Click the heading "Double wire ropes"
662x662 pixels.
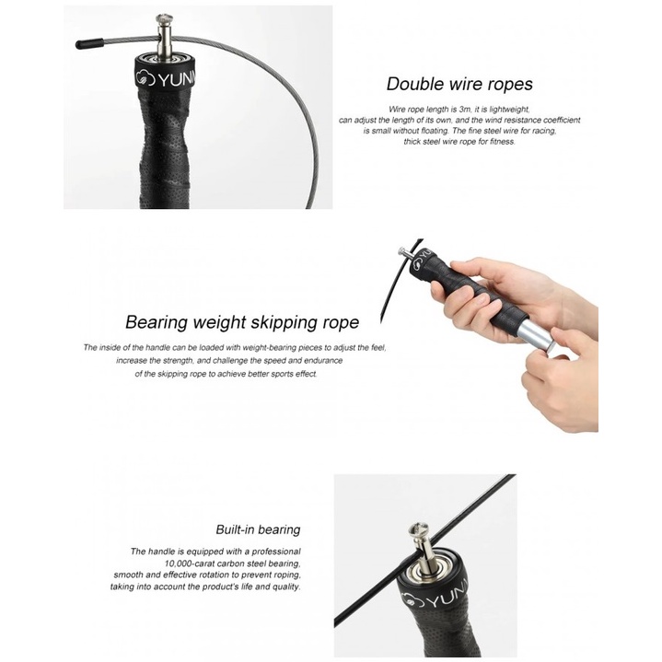click(x=459, y=84)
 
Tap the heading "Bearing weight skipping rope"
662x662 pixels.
click(x=242, y=322)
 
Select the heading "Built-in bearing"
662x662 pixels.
click(x=258, y=529)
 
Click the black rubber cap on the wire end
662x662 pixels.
click(x=90, y=43)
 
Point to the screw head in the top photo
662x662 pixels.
click(x=164, y=19)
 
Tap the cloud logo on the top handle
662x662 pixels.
click(x=145, y=77)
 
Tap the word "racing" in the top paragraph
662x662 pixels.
click(x=544, y=131)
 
